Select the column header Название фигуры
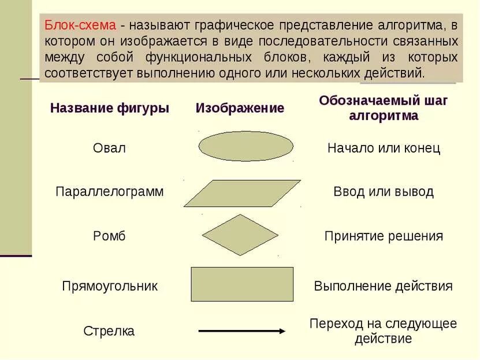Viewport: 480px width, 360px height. coord(110,108)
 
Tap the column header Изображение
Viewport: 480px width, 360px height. coord(240,108)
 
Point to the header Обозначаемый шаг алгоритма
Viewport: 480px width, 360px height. coord(384,107)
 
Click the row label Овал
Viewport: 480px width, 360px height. coord(109,148)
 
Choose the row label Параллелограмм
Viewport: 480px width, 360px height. coord(109,192)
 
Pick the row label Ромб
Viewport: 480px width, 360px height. coord(109,236)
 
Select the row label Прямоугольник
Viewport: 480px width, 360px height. coord(109,286)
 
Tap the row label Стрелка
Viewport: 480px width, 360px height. coord(109,331)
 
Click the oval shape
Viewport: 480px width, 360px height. coord(245,146)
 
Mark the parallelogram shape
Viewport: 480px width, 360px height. coord(242,193)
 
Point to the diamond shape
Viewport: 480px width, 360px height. coord(240,235)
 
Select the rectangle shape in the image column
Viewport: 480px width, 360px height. coord(242,284)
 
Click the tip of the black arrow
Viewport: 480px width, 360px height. coord(284,331)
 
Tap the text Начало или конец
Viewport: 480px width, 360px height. coord(384,148)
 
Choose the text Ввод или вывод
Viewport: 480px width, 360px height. coord(384,192)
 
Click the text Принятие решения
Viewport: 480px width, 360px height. coord(384,236)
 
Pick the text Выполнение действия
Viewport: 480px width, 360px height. coord(384,286)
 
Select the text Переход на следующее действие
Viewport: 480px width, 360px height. coord(384,331)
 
